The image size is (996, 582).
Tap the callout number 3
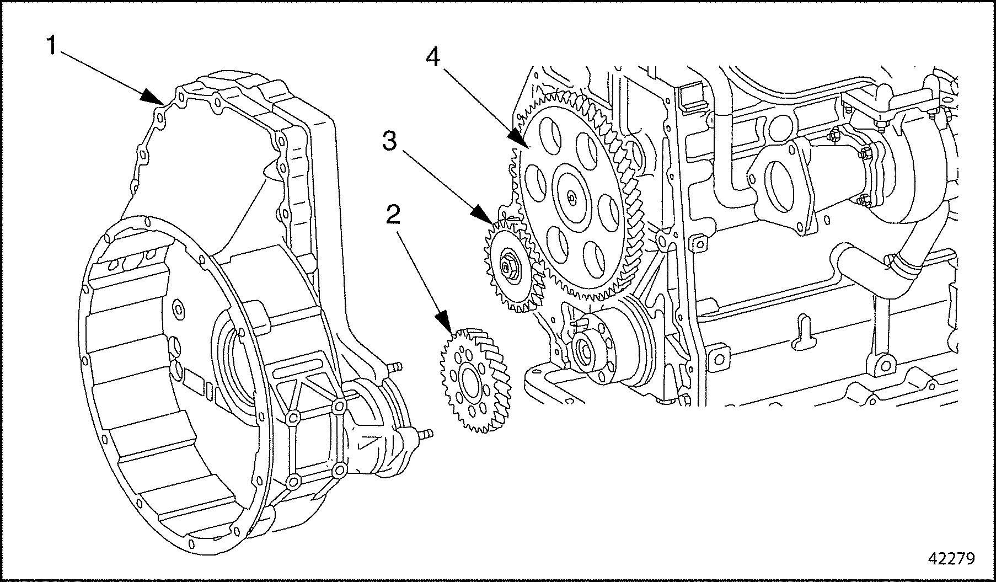pyautogui.click(x=389, y=141)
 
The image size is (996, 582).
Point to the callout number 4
pyautogui.click(x=433, y=57)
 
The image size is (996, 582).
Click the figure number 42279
pyautogui.click(x=952, y=558)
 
